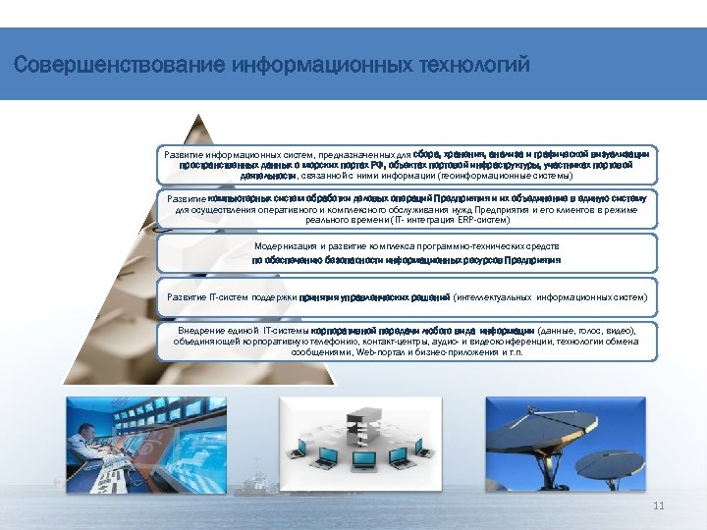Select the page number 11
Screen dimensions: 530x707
(x=659, y=505)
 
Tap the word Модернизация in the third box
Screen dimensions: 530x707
(x=286, y=245)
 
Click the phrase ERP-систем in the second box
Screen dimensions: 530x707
(x=448, y=220)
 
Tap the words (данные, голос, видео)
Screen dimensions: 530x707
(x=587, y=331)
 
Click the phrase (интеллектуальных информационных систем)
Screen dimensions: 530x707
(x=550, y=295)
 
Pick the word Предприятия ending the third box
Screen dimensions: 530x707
(x=532, y=261)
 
